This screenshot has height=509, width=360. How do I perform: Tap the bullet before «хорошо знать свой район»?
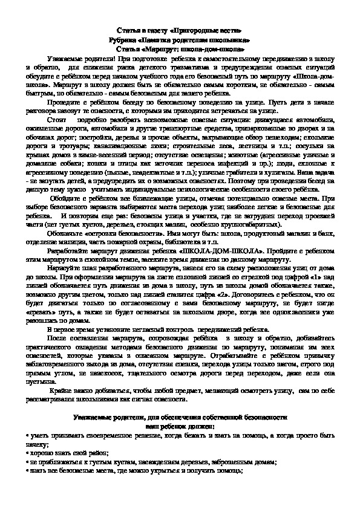tap(28, 451)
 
